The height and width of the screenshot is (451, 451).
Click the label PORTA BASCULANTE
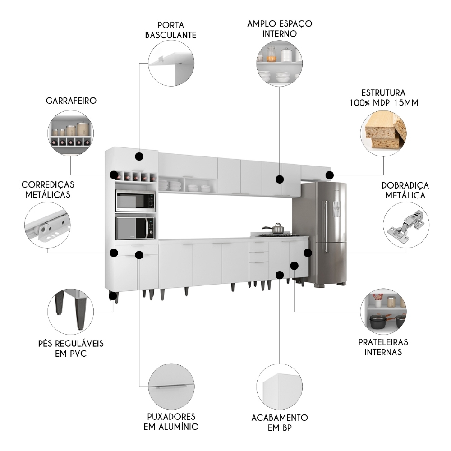pyautogui.click(x=170, y=30)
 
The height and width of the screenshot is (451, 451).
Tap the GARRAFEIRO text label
pyautogui.click(x=72, y=101)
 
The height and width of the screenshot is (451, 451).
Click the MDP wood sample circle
pyautogui.click(x=383, y=131)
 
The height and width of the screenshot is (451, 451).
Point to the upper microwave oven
pyautogui.click(x=135, y=201)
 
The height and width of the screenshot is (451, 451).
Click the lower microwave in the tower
pyautogui.click(x=135, y=228)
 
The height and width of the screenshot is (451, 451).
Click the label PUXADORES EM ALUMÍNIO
pyautogui.click(x=171, y=421)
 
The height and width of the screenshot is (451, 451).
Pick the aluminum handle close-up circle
pyautogui.click(x=171, y=387)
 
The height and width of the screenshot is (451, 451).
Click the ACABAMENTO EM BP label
pyautogui.click(x=280, y=423)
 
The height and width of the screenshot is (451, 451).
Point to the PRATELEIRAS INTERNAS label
pyautogui.click(x=383, y=347)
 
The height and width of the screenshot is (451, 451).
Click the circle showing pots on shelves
pyautogui.click(x=383, y=312)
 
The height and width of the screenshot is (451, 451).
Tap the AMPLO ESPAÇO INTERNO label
pyautogui.click(x=280, y=28)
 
